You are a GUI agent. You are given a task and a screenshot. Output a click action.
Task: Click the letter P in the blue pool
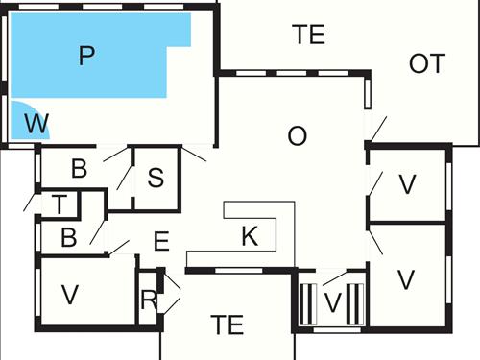[x=86, y=56]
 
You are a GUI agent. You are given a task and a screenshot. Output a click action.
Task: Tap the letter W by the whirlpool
[x=36, y=124]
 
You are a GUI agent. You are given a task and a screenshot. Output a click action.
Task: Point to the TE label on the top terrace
[x=309, y=36]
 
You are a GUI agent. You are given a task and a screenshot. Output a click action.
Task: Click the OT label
[x=427, y=63]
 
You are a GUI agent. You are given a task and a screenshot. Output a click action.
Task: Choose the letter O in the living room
[x=297, y=136]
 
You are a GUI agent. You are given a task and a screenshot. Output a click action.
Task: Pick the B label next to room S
[x=79, y=169]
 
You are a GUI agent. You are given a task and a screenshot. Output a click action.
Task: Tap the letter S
[x=156, y=179]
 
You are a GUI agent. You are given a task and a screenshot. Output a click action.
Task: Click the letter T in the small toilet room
[x=60, y=204]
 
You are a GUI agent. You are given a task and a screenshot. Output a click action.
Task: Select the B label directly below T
[x=68, y=237]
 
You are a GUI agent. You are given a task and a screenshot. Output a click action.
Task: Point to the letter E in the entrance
[x=161, y=240]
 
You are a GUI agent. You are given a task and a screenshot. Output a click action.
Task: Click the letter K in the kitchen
[x=250, y=237]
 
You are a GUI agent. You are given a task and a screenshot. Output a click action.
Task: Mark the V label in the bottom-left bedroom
[x=68, y=294]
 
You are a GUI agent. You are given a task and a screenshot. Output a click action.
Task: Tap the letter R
[x=148, y=300]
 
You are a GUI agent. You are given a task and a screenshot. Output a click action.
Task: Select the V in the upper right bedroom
[x=407, y=184]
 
